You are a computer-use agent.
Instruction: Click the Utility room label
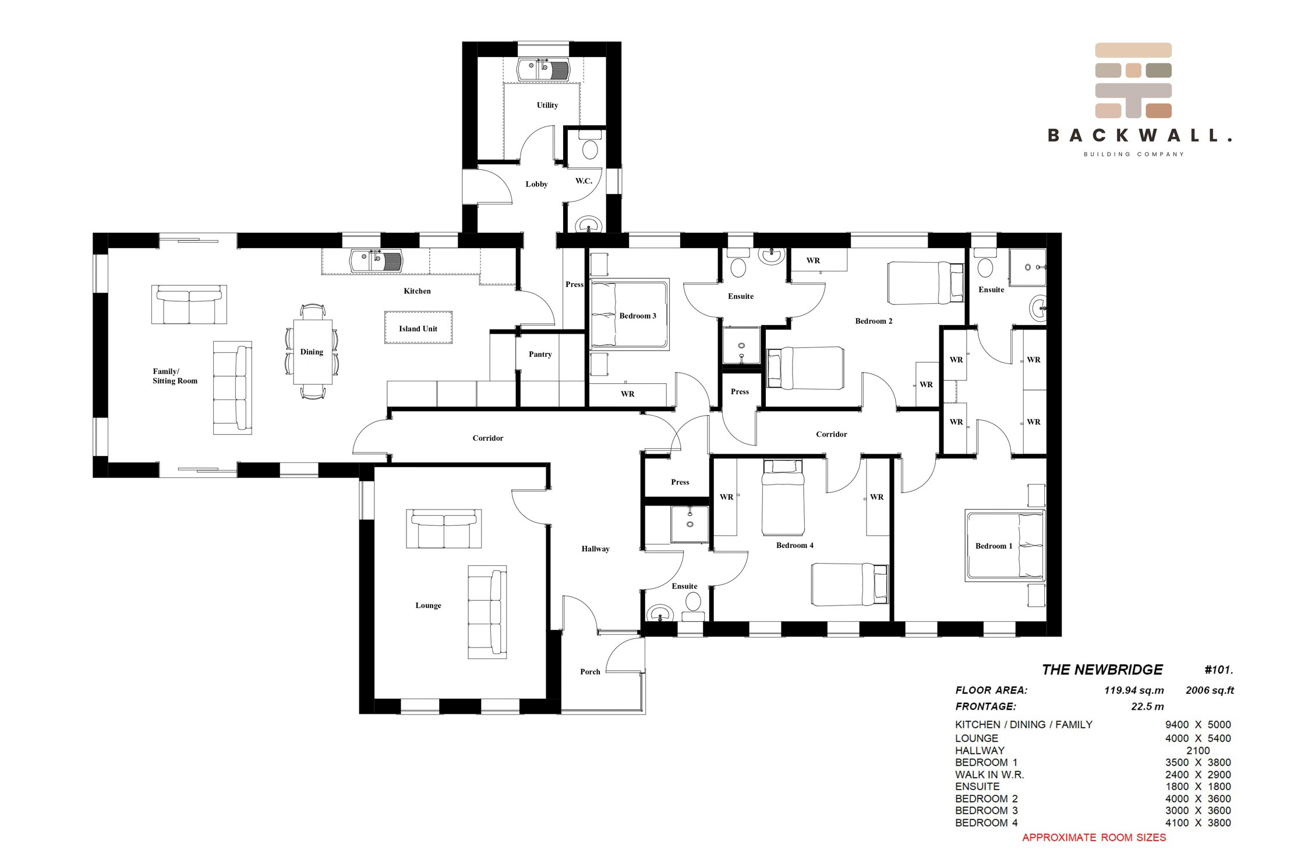coord(547,105)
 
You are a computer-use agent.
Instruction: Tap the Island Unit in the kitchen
coord(418,328)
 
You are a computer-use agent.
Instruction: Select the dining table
coord(312,352)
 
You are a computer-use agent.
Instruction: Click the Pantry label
coord(540,354)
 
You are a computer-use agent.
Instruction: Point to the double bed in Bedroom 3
coord(630,314)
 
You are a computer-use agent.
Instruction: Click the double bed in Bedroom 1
coord(1005,546)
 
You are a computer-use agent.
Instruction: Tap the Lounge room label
coord(428,606)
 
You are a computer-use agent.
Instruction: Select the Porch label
coord(590,672)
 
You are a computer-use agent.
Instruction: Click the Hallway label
coord(595,548)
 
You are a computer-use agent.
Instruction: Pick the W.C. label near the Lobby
coord(584,181)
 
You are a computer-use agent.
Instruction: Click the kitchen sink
coord(376,261)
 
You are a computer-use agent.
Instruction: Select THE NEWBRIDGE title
coord(1102,670)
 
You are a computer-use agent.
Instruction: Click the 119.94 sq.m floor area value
coord(1134,691)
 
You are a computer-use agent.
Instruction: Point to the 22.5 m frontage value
coord(1147,707)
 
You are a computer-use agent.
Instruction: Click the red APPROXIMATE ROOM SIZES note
coord(1094,838)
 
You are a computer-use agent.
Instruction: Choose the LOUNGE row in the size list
coord(1093,738)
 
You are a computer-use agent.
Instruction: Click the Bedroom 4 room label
coord(794,546)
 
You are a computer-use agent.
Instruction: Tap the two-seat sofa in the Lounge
coord(444,528)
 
